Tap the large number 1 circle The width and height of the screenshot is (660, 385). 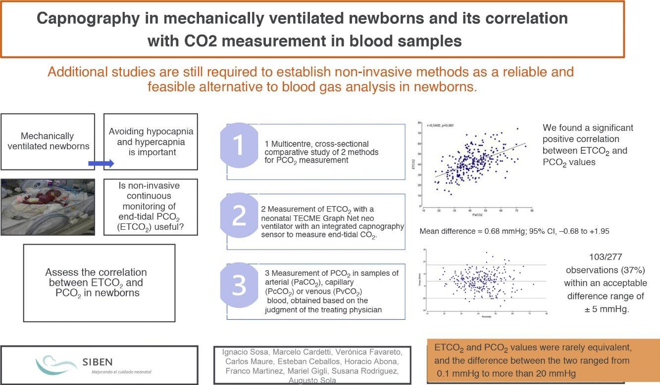239,147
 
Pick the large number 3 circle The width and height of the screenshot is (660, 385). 239,286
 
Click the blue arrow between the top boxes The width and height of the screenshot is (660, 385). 101,163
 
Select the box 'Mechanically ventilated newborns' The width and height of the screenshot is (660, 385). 48,141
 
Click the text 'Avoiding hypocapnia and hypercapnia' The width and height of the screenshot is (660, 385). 151,137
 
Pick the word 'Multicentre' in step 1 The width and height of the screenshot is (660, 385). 293,143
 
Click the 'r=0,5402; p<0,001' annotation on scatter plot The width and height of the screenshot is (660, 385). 437,127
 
